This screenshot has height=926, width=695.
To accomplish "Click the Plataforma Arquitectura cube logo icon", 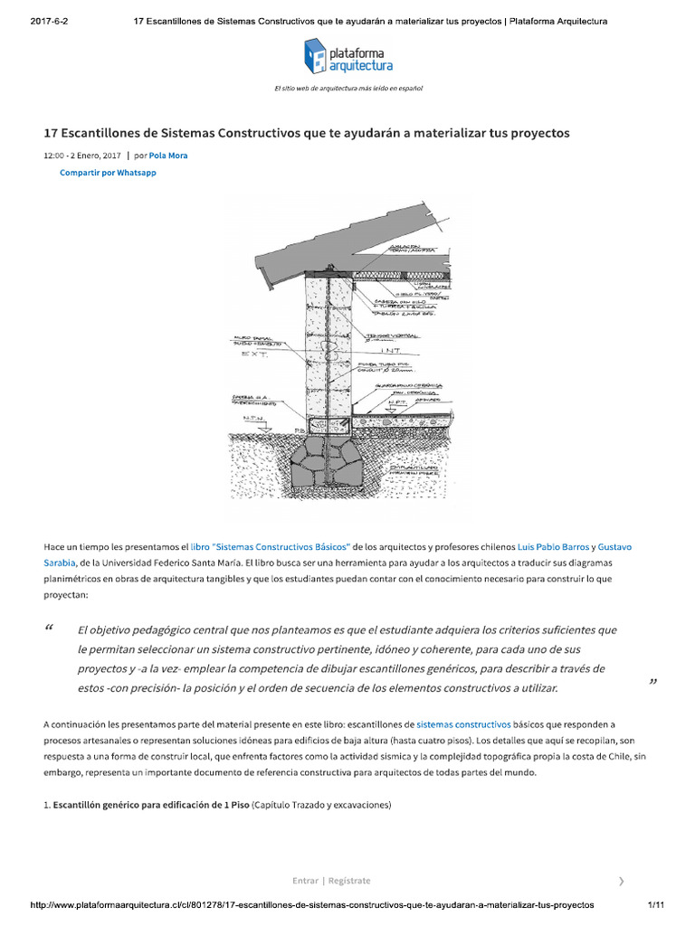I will pos(314,56).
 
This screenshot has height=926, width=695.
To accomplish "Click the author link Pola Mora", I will pos(169,156).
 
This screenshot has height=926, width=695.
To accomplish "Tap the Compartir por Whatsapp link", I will pos(108,173).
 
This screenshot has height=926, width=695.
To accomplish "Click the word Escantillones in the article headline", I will pos(108,132).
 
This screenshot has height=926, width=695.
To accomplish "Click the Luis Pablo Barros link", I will pos(552,547).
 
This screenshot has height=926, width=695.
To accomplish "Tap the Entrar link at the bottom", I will pos(305,880).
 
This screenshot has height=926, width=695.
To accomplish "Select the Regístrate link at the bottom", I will pos(348,880).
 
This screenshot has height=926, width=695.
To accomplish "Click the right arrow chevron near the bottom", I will pos(620,880).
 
